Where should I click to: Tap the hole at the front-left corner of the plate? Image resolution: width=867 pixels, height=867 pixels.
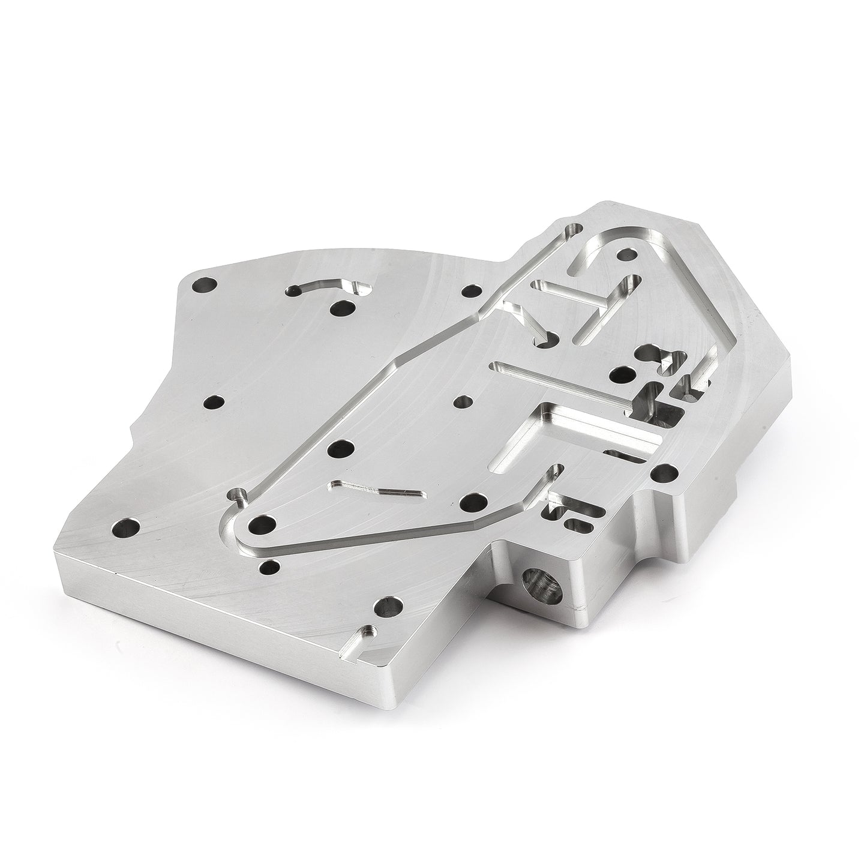pyautogui.click(x=127, y=529)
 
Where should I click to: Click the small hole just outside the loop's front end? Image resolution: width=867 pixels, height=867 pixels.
pyautogui.click(x=271, y=566)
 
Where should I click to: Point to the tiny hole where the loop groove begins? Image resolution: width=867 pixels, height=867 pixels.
pyautogui.click(x=239, y=496)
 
